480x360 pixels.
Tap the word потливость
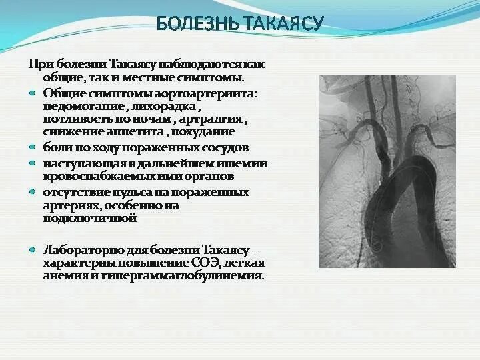tap(78, 121)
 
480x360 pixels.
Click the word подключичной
tap(89, 219)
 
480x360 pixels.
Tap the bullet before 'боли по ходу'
tap(33, 147)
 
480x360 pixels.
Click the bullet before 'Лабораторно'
tap(33, 249)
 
